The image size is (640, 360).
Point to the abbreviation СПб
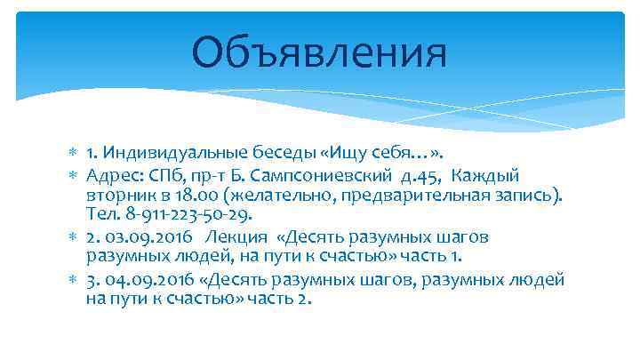point(166,173)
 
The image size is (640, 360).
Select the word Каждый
point(494,173)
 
